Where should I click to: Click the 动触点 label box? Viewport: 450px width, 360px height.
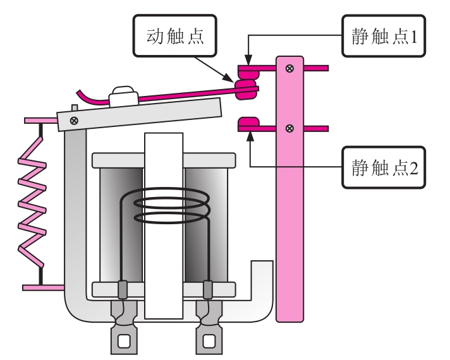[x=175, y=35]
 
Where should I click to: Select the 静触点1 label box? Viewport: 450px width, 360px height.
[x=384, y=36]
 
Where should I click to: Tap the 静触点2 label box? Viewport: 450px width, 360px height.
[x=384, y=167]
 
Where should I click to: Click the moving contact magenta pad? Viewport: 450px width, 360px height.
[x=246, y=90]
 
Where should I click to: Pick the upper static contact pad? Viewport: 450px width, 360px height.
[x=249, y=72]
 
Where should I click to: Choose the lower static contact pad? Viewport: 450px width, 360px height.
[x=249, y=124]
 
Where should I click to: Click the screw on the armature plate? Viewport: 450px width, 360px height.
[x=74, y=121]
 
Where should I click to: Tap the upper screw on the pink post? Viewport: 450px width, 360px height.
[x=289, y=68]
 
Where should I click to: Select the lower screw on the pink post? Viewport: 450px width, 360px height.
[x=289, y=128]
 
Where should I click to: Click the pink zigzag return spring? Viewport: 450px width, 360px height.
[x=32, y=203]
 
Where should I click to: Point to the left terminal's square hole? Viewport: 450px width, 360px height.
[x=124, y=341]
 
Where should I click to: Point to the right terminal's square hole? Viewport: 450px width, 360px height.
[x=209, y=341]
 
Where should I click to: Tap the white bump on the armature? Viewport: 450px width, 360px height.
[x=124, y=96]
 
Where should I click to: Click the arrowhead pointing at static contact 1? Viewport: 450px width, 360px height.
[x=248, y=60]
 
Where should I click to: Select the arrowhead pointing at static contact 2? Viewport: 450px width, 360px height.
[x=250, y=135]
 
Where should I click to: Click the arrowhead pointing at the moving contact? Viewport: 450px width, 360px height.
[x=229, y=78]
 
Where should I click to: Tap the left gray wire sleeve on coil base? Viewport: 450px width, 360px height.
[x=123, y=290]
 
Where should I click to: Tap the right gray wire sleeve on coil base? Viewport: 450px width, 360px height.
[x=208, y=290]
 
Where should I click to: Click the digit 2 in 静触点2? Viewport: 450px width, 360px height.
[x=414, y=168]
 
